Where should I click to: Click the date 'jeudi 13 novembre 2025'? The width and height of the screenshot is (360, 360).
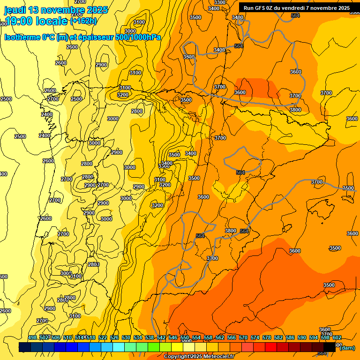[x=56, y=10]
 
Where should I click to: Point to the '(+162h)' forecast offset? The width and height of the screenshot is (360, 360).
[x=83, y=21]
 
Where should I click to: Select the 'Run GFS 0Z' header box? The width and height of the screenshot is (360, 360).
[x=297, y=8]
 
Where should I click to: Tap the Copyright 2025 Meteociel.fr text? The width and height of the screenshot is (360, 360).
[x=199, y=357]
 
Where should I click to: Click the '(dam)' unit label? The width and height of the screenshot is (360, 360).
[x=347, y=347]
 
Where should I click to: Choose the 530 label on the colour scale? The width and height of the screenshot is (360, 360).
[x=126, y=337]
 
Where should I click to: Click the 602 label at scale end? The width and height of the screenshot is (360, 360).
[x=337, y=337]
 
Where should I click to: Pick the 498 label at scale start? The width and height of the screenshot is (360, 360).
[x=32, y=337]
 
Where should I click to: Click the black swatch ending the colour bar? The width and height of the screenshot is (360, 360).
[x=330, y=347]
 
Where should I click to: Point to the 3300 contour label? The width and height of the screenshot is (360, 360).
[x=219, y=2]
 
